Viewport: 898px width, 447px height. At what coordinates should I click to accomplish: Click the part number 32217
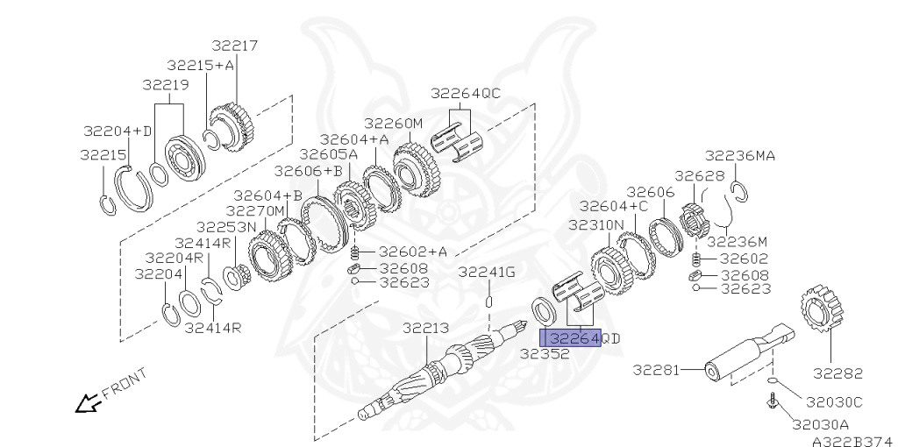tap(235, 46)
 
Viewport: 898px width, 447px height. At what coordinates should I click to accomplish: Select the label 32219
tap(166, 85)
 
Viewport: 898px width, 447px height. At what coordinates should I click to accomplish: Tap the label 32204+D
tap(118, 131)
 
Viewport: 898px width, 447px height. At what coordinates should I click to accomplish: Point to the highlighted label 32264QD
tap(584, 338)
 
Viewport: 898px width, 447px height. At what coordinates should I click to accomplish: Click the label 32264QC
tap(466, 93)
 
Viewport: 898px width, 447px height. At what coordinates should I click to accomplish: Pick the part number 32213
tap(425, 328)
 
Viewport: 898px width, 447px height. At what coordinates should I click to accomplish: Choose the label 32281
tap(656, 370)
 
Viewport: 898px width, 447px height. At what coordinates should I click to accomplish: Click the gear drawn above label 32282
tap(823, 313)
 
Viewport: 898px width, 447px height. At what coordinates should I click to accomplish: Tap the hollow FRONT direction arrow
tap(88, 403)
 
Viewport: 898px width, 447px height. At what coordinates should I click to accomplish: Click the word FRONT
tap(125, 383)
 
